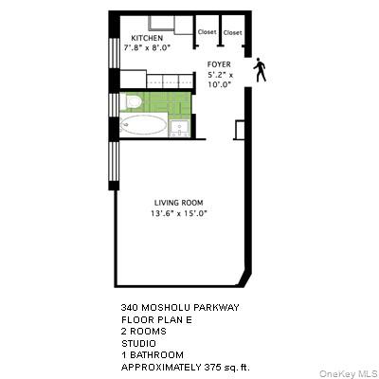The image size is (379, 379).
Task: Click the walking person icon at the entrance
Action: tap(260, 70)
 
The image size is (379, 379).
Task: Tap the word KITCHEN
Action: tap(134, 38)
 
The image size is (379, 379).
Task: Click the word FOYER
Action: tap(220, 65)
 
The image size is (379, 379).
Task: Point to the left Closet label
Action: tap(207, 32)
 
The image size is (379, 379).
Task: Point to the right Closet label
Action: tap(232, 32)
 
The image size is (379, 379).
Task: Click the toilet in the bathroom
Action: tap(133, 101)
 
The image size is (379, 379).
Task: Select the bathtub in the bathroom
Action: tap(145, 126)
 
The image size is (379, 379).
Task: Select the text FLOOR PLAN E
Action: tap(152, 320)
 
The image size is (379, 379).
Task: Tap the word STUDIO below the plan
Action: tap(138, 343)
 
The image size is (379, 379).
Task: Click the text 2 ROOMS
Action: tap(143, 332)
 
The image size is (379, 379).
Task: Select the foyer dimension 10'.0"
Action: tap(220, 83)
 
